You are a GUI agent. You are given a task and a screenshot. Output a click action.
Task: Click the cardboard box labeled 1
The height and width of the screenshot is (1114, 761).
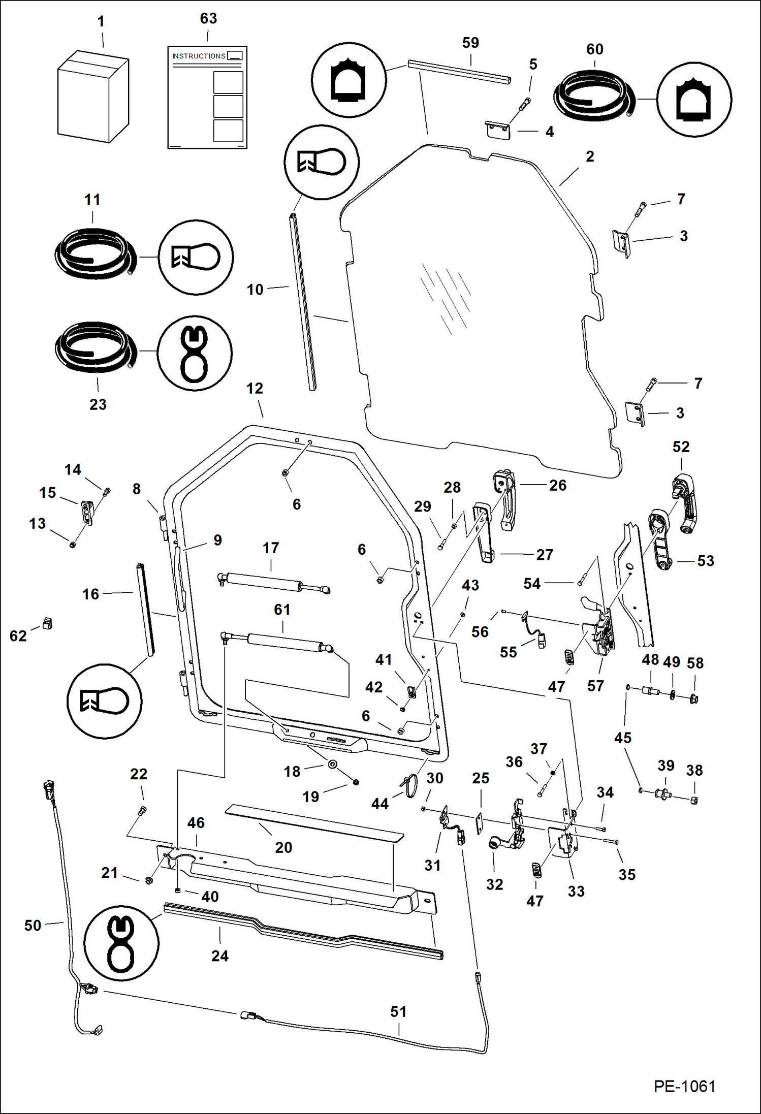click(92, 97)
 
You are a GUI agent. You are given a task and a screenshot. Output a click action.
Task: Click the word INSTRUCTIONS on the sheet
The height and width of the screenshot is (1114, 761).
click(199, 56)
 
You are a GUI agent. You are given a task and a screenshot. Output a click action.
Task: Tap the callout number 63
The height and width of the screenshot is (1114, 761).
click(208, 19)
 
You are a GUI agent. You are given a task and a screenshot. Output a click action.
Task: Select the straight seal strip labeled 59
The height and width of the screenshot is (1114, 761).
click(459, 72)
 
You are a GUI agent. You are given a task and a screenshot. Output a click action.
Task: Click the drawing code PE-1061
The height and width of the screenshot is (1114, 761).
click(684, 1086)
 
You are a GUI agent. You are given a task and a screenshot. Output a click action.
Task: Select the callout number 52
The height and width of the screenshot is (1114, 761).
click(681, 447)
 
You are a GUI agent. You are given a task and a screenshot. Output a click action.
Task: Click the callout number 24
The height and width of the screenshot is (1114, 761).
click(219, 956)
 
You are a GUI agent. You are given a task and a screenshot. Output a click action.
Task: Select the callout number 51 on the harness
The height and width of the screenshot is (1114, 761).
click(398, 1011)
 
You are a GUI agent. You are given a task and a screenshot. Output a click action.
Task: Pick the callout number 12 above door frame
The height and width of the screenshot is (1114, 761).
click(255, 389)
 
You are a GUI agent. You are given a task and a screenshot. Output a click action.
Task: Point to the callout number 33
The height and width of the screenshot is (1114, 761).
click(576, 891)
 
